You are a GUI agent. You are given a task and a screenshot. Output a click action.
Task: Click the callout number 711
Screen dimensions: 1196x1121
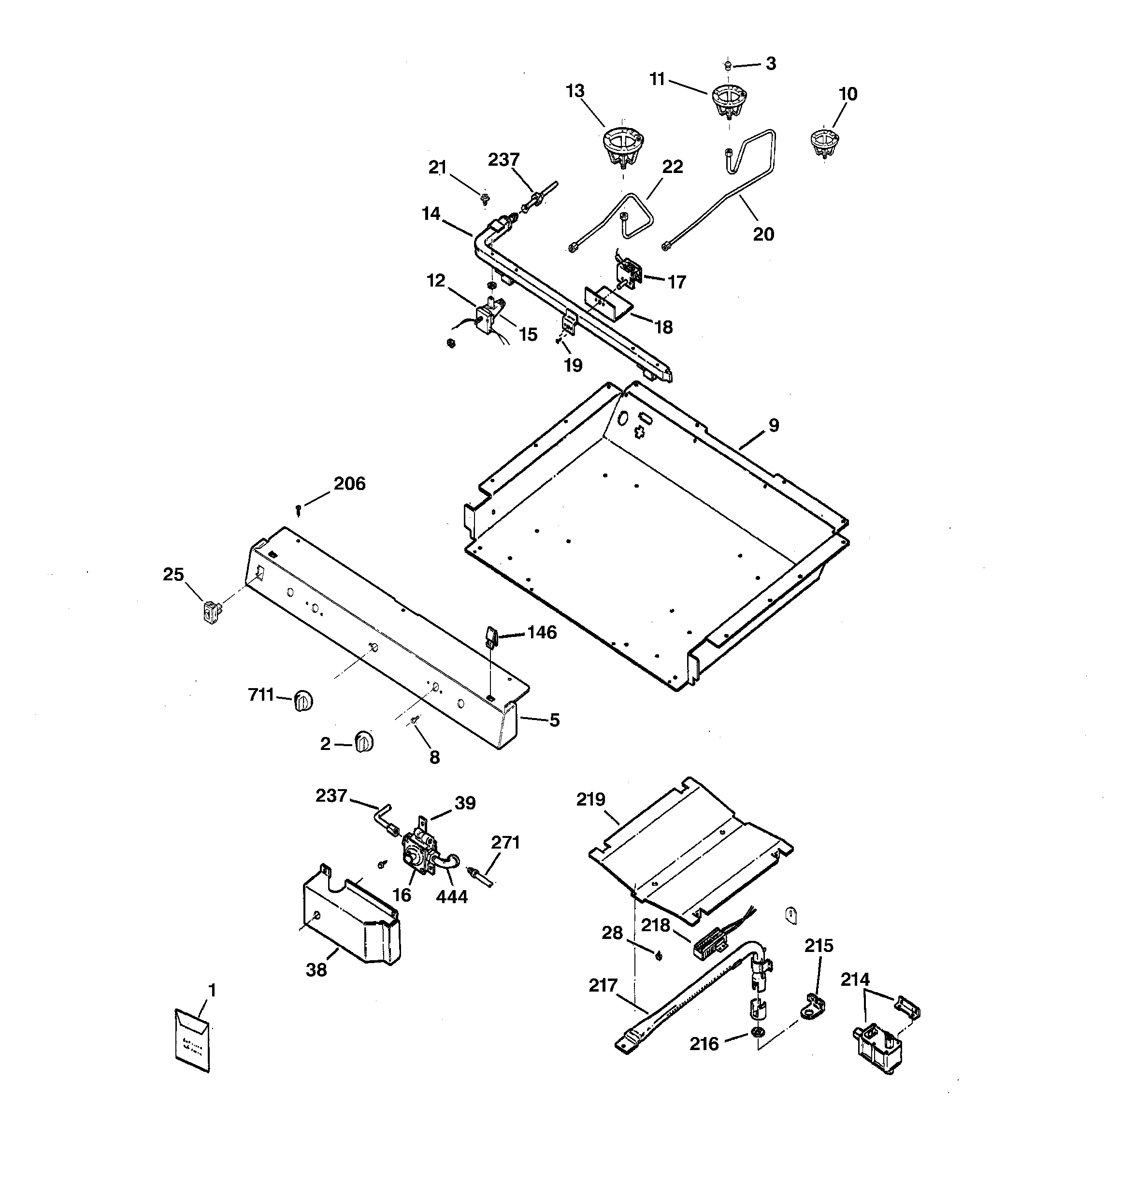[260, 695]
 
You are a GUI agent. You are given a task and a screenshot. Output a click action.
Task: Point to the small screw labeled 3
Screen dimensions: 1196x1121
[728, 64]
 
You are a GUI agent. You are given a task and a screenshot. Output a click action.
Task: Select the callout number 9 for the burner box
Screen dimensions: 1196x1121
[773, 425]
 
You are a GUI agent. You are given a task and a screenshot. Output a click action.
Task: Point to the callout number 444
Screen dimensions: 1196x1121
[451, 897]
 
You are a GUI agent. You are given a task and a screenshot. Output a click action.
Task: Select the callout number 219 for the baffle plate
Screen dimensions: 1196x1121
[590, 800]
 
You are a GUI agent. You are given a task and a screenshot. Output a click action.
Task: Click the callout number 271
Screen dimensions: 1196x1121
[505, 843]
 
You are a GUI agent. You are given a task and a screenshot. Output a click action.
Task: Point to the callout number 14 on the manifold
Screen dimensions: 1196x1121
[431, 214]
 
